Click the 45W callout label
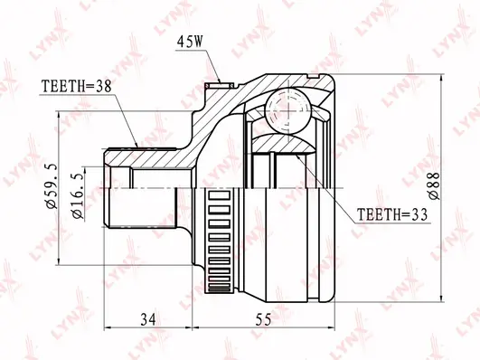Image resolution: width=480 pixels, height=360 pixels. pyautogui.click(x=190, y=42)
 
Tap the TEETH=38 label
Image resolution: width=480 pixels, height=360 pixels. pyautogui.click(x=77, y=87)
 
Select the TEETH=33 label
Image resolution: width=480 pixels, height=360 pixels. pyautogui.click(x=392, y=214)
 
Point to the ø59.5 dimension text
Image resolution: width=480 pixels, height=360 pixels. pyautogui.click(x=51, y=186)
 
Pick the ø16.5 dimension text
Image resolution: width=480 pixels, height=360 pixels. pyautogui.click(x=78, y=196)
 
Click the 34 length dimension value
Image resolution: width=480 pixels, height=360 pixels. pyautogui.click(x=148, y=320)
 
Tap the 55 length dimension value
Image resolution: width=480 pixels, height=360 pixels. pyautogui.click(x=263, y=320)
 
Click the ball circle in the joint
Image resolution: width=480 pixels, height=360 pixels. pyautogui.click(x=288, y=110)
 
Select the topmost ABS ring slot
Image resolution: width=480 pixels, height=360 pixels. pyautogui.click(x=219, y=195)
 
